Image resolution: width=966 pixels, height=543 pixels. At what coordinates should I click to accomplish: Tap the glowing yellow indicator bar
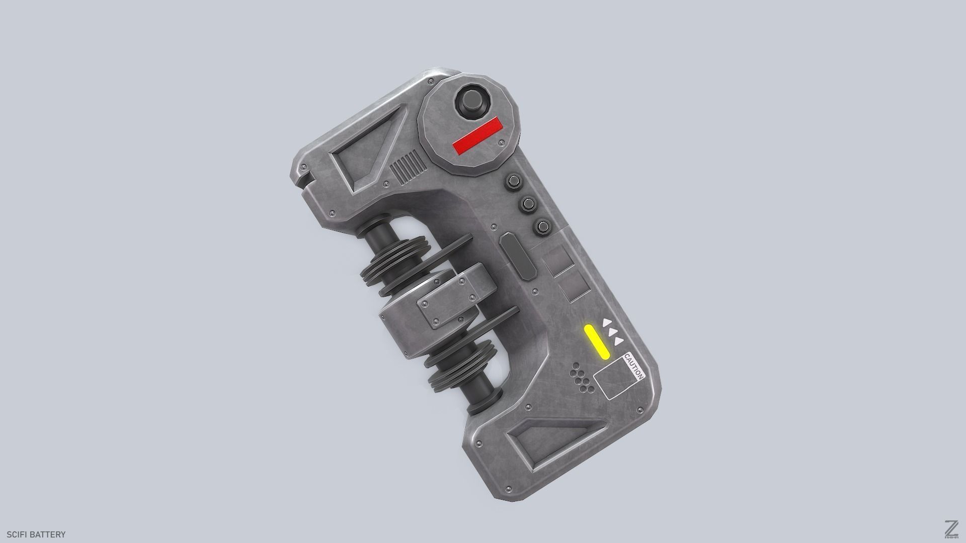tap(597, 342)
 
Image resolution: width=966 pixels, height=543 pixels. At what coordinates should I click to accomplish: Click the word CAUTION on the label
tap(634, 367)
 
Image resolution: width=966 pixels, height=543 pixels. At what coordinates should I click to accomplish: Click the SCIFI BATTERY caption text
tap(36, 534)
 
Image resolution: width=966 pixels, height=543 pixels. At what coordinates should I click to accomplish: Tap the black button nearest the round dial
tap(514, 181)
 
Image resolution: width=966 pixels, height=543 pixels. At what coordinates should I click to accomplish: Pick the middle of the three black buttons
tap(528, 204)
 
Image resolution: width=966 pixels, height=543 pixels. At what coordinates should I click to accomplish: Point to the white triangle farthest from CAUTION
tap(607, 323)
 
